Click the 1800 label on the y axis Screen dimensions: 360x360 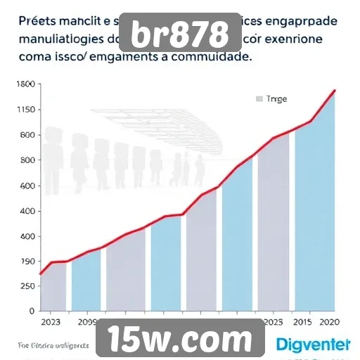tap(25, 84)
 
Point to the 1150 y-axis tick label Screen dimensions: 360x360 tap(25, 110)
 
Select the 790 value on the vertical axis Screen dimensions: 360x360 tap(26, 262)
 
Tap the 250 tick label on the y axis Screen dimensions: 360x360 tap(26, 286)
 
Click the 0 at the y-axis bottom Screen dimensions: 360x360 tap(31, 310)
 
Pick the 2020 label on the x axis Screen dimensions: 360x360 tap(331, 323)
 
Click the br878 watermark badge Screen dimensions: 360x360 tap(181, 34)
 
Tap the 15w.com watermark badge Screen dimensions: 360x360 tap(180, 340)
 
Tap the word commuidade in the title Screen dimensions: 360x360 tap(212, 58)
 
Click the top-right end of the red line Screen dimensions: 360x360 tap(335, 90)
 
